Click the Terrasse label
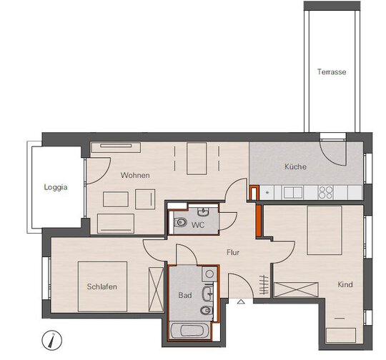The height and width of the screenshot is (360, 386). click(332, 72)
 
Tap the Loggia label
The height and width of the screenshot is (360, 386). click(56, 187)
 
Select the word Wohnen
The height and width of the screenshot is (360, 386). click(135, 175)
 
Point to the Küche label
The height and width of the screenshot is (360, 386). click(295, 166)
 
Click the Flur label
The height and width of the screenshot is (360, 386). click(233, 252)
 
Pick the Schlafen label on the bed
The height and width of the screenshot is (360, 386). click(102, 286)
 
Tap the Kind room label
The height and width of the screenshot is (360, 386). click(345, 285)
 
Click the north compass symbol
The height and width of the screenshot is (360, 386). click(51, 340)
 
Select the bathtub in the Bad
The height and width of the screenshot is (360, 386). click(190, 331)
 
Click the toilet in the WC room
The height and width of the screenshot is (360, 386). click(180, 223)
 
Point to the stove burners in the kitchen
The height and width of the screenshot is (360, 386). click(326, 192)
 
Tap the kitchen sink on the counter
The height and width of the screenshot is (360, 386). click(292, 192)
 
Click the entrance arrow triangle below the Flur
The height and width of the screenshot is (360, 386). click(241, 301)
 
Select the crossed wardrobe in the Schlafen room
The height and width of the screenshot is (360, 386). click(156, 289)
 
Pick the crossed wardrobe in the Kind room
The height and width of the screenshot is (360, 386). click(296, 289)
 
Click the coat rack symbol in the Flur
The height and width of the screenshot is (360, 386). click(264, 285)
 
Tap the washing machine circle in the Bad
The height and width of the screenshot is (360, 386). click(209, 274)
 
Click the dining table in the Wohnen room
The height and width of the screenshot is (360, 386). click(197, 159)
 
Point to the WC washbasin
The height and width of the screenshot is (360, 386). click(203, 212)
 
